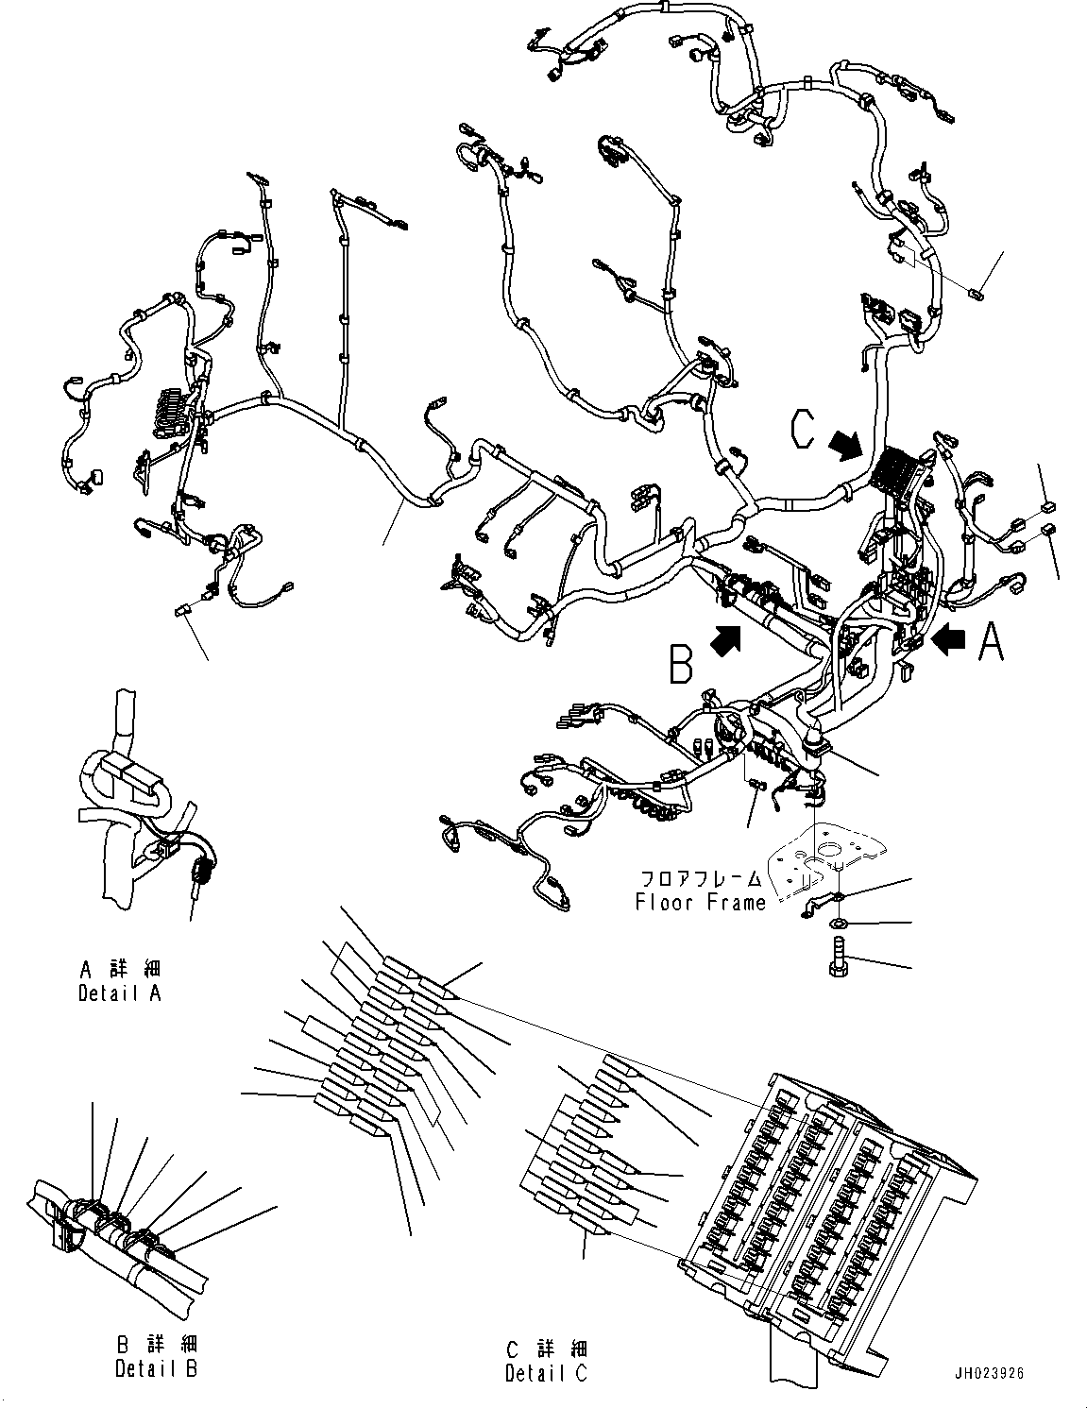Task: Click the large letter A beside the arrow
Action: coord(991,640)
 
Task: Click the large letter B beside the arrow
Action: coord(681,663)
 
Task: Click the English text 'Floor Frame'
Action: coord(700,902)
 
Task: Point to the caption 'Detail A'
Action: coord(119,992)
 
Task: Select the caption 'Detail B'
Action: coord(156,1368)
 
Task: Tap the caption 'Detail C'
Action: coord(546,1372)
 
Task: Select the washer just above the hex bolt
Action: coord(837,922)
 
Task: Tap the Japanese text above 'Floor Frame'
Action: coord(700,879)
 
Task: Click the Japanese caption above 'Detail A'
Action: coord(120,969)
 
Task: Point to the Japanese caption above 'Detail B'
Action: coord(156,1345)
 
